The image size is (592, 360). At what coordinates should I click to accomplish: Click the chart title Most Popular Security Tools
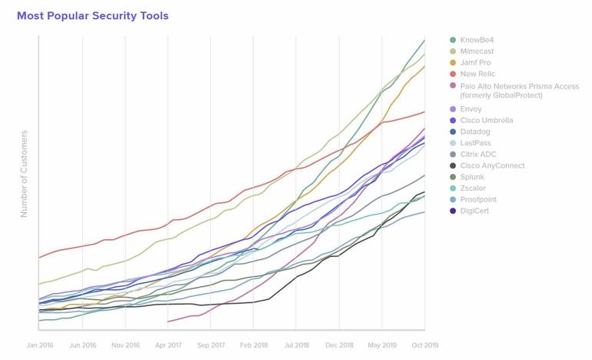tap(92, 15)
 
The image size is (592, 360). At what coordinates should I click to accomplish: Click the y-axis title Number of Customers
tap(24, 174)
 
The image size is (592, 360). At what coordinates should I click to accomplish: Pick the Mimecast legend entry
tap(477, 52)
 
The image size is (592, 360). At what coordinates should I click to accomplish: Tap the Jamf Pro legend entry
tap(475, 63)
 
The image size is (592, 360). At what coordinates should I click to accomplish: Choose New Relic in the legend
tap(477, 75)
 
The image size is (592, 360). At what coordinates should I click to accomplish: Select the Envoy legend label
tap(471, 109)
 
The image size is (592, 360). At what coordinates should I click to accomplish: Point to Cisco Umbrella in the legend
tap(486, 121)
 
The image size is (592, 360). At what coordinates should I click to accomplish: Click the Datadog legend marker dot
tap(453, 132)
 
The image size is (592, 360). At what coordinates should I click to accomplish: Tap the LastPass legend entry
tap(475, 143)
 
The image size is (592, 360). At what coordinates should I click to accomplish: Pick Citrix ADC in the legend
tap(478, 155)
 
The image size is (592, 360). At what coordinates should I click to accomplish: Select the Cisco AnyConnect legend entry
tap(492, 165)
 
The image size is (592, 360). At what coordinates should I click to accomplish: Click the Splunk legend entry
tap(472, 177)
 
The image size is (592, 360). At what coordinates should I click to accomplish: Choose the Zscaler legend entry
tap(474, 188)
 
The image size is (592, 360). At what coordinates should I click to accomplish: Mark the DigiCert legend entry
tap(475, 211)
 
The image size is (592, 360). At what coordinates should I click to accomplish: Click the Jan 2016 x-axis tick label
tap(39, 346)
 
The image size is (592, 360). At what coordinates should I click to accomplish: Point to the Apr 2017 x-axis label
tap(168, 346)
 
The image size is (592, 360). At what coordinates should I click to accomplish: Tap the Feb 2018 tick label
tap(253, 346)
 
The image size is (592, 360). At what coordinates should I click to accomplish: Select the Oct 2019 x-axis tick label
tap(424, 346)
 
